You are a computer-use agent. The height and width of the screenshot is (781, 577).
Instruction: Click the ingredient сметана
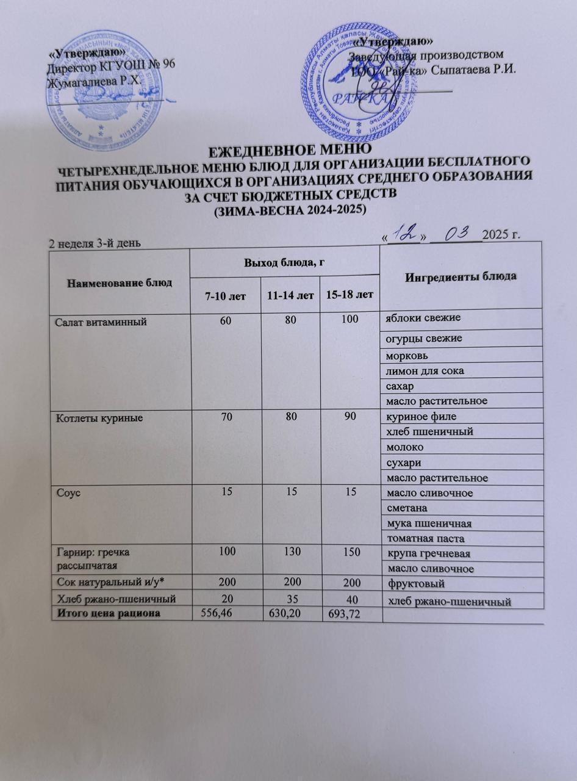point(406,507)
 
